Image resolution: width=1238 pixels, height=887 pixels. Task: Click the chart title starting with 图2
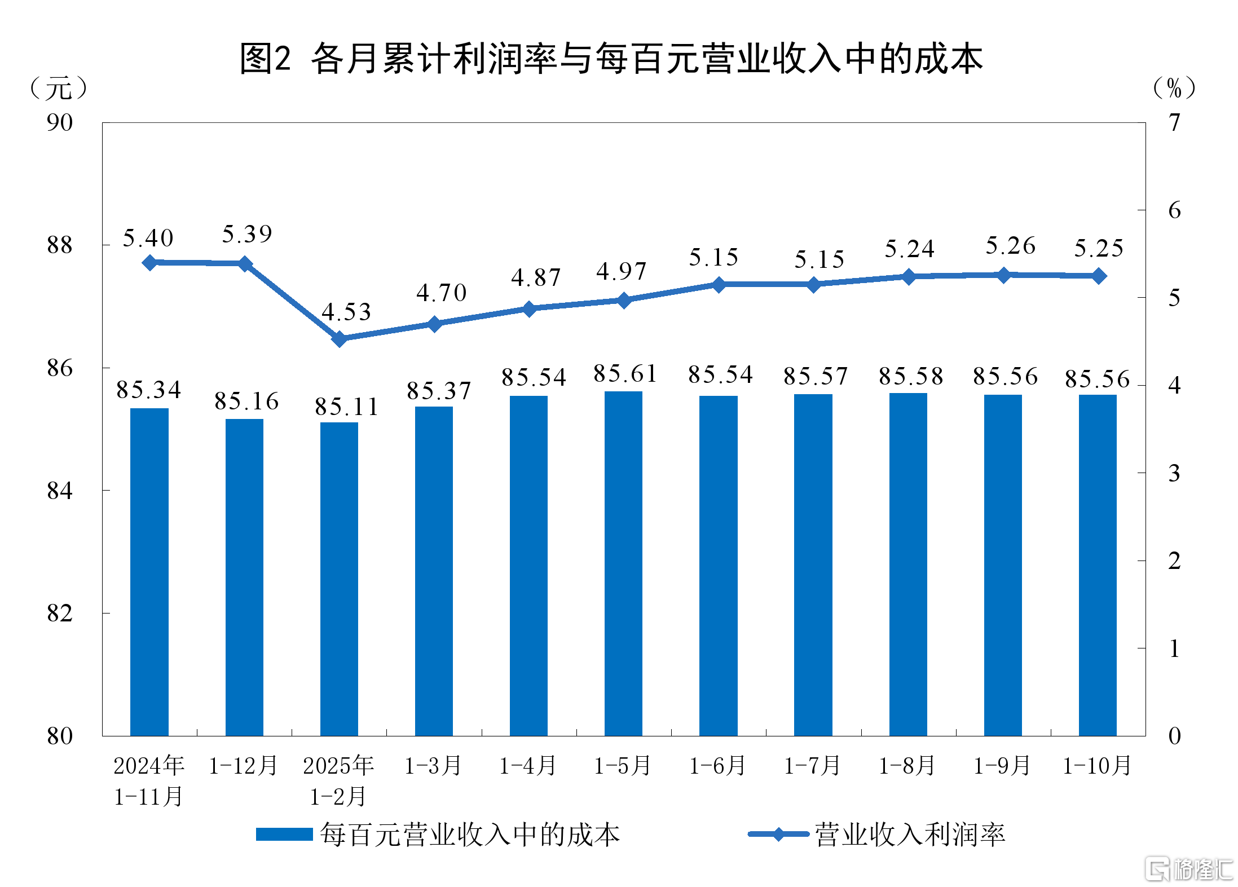(611, 59)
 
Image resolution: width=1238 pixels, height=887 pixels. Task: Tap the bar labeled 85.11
(339, 579)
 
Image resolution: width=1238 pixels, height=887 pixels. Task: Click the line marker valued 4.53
(339, 339)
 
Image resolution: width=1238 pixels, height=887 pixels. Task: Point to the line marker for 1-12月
(245, 264)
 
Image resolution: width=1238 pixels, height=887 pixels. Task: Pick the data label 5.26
(1010, 246)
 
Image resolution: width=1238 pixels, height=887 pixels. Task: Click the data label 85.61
(625, 374)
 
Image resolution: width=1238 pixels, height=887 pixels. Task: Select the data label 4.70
(441, 293)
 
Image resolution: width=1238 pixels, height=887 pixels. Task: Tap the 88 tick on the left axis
(60, 245)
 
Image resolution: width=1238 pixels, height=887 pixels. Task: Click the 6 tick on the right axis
(1174, 210)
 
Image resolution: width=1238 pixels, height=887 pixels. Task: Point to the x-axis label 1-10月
(1097, 766)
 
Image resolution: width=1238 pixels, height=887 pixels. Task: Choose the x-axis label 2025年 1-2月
(338, 780)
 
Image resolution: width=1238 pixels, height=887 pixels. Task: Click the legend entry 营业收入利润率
(909, 835)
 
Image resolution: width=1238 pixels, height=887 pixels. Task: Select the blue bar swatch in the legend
(284, 835)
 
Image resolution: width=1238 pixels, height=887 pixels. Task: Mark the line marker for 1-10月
(1099, 276)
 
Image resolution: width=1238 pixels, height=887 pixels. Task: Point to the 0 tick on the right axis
(1174, 736)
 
